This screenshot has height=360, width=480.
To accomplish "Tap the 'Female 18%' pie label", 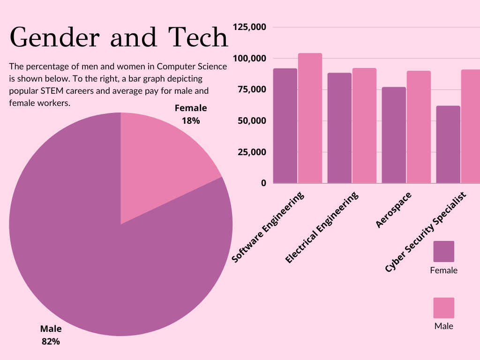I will [190, 114].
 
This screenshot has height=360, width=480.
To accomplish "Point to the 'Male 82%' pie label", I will [51, 335].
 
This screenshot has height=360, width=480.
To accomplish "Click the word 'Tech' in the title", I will [199, 37].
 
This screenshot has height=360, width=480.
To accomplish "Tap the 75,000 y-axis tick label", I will [252, 90].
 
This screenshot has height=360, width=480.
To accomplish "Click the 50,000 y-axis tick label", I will [252, 121].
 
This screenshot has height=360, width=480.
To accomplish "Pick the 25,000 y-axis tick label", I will [252, 152].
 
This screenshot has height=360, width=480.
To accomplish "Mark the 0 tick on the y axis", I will [263, 183].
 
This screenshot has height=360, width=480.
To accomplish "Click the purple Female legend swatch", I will [443, 252].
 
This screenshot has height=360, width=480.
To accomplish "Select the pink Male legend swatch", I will [443, 308].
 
